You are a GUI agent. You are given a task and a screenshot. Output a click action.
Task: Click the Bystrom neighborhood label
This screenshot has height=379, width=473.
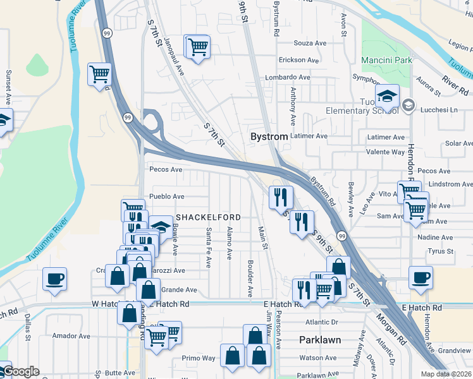point(269,136)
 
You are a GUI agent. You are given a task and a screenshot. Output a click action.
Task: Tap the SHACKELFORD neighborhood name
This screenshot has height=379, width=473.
point(209,217)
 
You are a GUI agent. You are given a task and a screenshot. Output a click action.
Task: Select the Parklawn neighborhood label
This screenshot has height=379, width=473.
point(320,340)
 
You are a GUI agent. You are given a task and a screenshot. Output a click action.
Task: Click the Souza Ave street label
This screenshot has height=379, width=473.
point(309,43)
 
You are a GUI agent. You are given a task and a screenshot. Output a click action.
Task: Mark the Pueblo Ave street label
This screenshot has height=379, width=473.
point(167,196)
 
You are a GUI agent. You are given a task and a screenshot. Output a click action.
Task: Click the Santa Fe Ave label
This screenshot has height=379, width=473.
point(207,247)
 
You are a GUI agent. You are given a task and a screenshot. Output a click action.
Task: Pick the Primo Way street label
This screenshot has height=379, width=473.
point(199,358)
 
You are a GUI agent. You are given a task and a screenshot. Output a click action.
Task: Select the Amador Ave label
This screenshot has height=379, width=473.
point(68,335)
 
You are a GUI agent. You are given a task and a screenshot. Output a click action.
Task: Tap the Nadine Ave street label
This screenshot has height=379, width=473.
point(436,238)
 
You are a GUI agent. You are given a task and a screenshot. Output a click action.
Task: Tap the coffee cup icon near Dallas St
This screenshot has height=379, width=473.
point(54,278)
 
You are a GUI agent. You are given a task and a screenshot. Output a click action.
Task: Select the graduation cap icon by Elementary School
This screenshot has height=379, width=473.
point(386,97)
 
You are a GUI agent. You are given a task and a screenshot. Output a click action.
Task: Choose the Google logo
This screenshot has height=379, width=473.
point(21,372)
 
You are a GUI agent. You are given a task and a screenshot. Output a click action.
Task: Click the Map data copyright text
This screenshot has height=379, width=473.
point(446,374)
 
